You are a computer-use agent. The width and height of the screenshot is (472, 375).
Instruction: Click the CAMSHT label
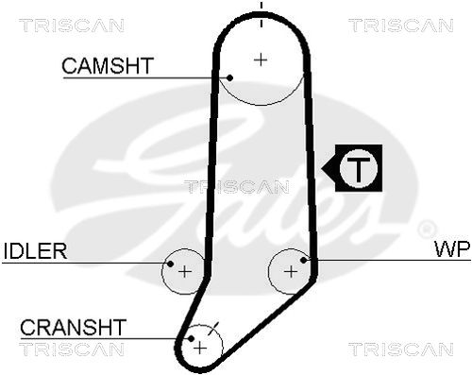108,65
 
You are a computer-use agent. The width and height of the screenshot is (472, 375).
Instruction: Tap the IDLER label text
35,250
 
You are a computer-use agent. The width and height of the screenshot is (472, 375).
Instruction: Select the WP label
452,248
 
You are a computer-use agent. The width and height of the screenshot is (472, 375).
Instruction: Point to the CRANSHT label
73,327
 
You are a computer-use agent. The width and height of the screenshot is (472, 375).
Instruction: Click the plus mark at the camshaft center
261,60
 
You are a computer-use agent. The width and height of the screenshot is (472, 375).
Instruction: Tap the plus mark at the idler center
185,271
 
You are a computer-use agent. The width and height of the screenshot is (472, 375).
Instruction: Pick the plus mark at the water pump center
291,271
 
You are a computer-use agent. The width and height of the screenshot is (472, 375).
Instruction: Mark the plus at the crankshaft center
200,349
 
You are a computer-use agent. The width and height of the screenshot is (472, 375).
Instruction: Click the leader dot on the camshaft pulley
229,77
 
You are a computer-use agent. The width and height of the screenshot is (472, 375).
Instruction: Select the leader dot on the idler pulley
170,264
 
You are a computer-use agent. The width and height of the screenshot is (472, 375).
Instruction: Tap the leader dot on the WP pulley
304,260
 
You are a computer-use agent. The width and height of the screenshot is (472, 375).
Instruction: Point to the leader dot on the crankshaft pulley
191,338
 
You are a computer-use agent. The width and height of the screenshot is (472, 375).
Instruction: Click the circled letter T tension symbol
359,168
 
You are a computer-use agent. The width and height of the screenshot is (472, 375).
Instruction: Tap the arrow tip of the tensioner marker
322,168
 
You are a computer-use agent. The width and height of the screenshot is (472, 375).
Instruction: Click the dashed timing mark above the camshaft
261,14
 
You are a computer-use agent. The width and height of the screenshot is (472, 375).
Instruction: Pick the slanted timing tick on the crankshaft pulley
214,329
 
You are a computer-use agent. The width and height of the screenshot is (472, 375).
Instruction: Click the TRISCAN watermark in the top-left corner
72,26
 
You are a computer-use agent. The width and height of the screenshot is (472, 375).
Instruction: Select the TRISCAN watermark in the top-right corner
401,26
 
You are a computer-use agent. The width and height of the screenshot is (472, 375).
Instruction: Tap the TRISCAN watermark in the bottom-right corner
401,349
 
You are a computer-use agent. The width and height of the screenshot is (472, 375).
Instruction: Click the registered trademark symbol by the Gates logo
427,229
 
